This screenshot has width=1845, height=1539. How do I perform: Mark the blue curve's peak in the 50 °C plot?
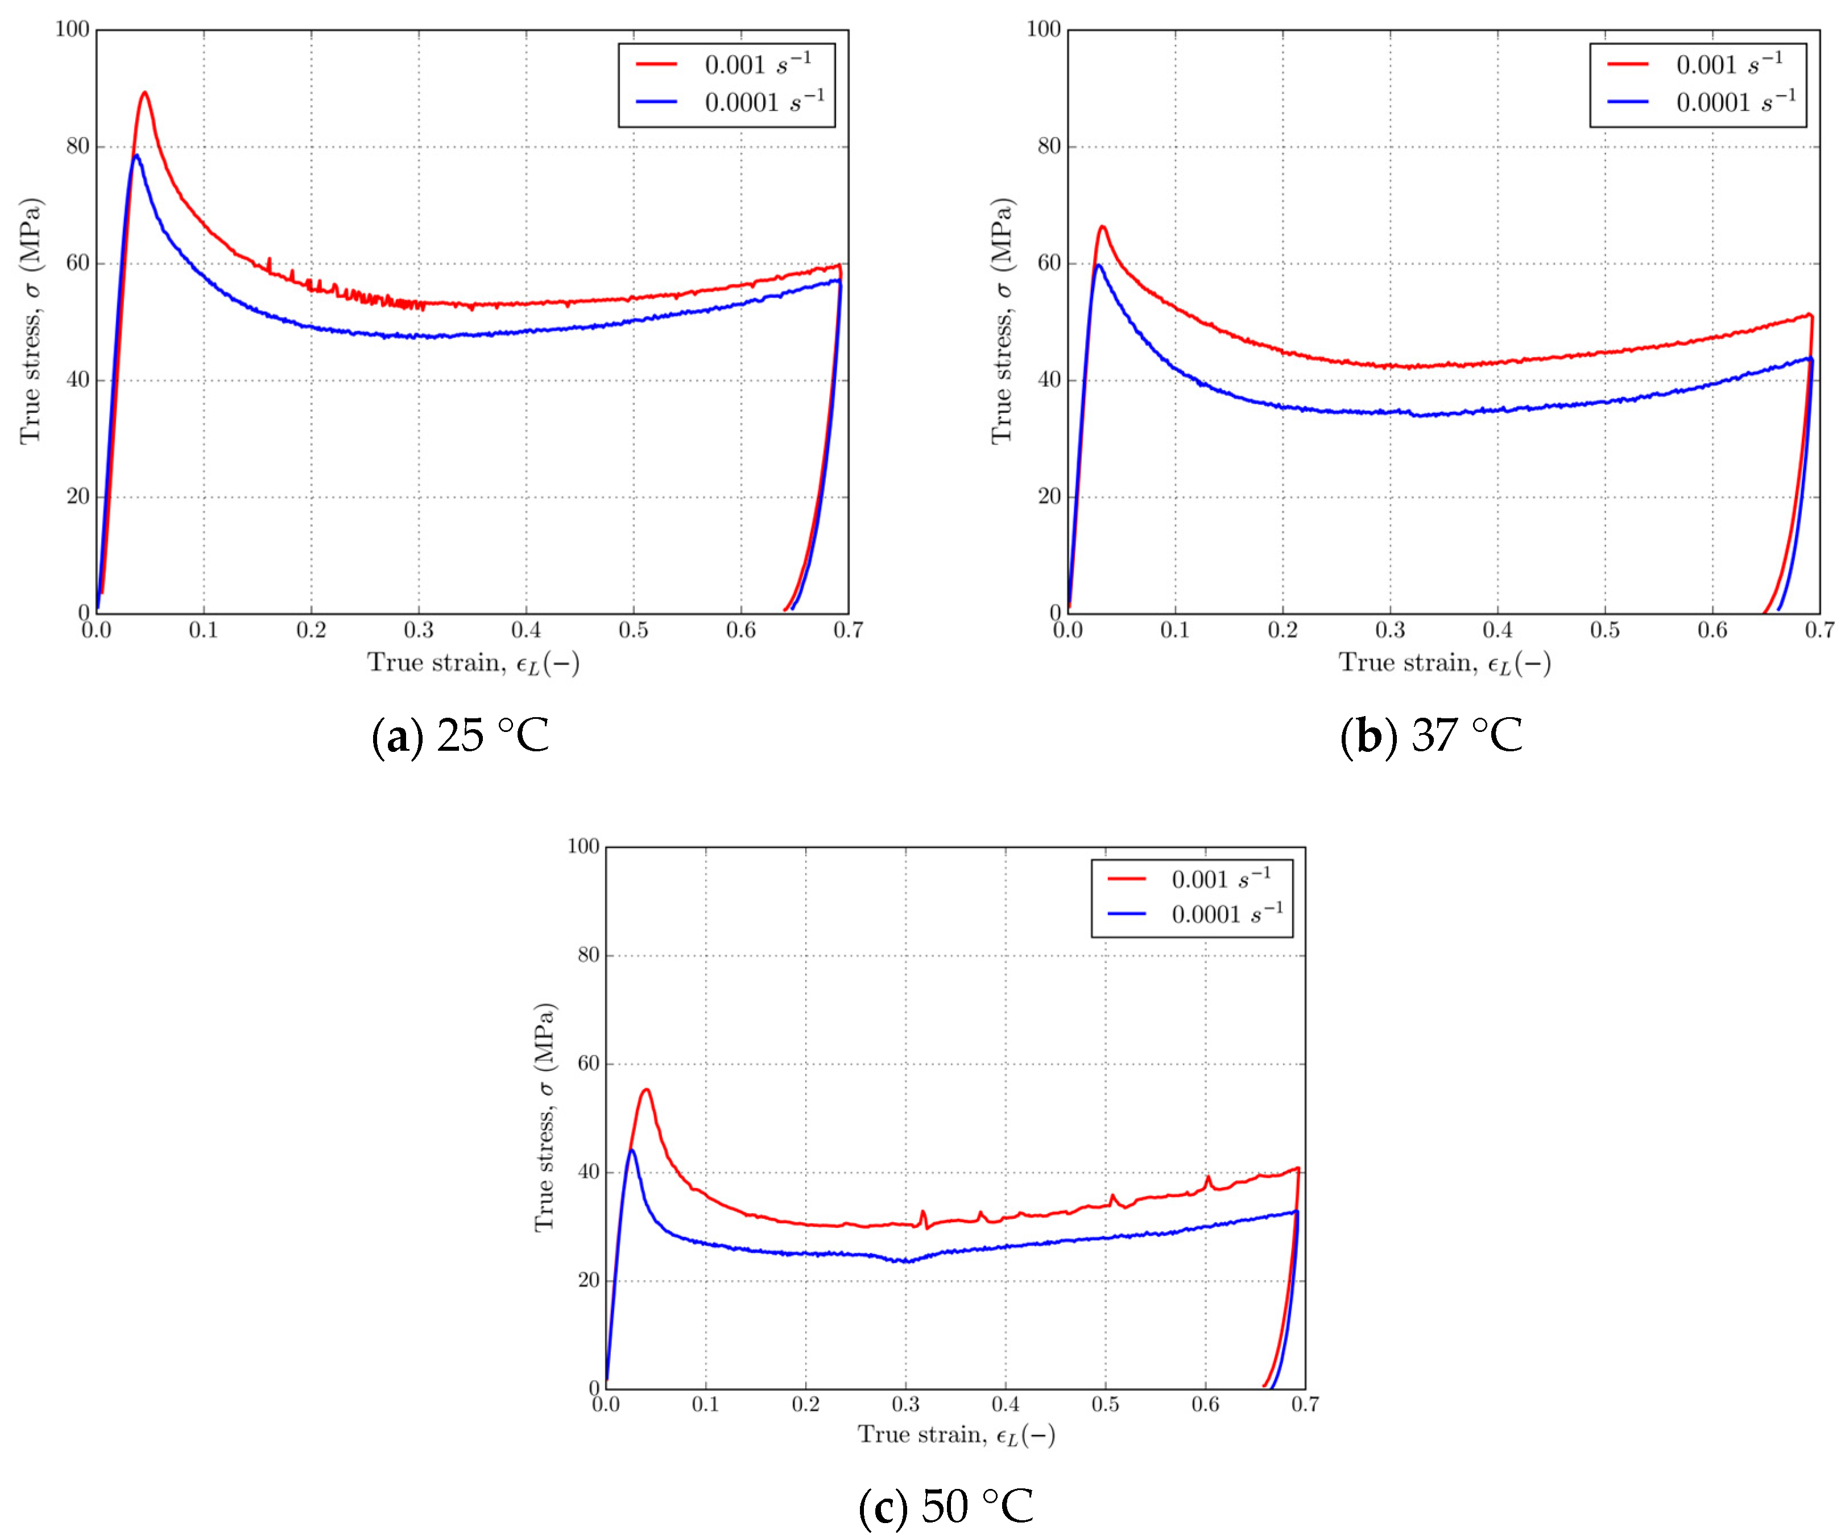tap(632, 1150)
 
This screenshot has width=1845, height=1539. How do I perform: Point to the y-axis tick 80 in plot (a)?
tap(78, 147)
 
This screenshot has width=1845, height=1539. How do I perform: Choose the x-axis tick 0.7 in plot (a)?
tap(849, 631)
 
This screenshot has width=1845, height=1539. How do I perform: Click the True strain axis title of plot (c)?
tap(956, 1434)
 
